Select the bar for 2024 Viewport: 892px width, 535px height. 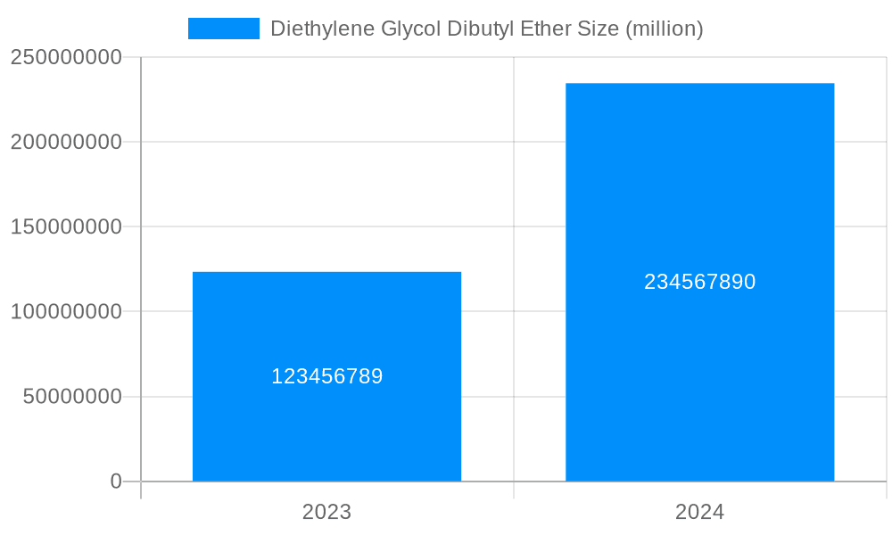(699, 374)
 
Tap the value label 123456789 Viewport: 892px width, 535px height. (326, 376)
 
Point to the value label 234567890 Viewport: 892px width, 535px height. (699, 282)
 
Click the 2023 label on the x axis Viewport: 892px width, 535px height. (326, 512)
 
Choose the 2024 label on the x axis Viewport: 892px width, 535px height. (699, 512)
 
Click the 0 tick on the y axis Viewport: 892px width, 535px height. (116, 481)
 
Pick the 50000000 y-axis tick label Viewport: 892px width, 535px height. (72, 397)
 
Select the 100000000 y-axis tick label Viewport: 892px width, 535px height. (66, 312)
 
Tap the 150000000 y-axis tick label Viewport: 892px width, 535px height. (66, 226)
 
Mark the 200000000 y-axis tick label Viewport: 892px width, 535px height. (66, 142)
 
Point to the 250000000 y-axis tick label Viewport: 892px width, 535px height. (66, 57)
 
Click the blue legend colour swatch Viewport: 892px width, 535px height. (223, 29)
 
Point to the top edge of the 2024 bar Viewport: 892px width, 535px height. (699, 84)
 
